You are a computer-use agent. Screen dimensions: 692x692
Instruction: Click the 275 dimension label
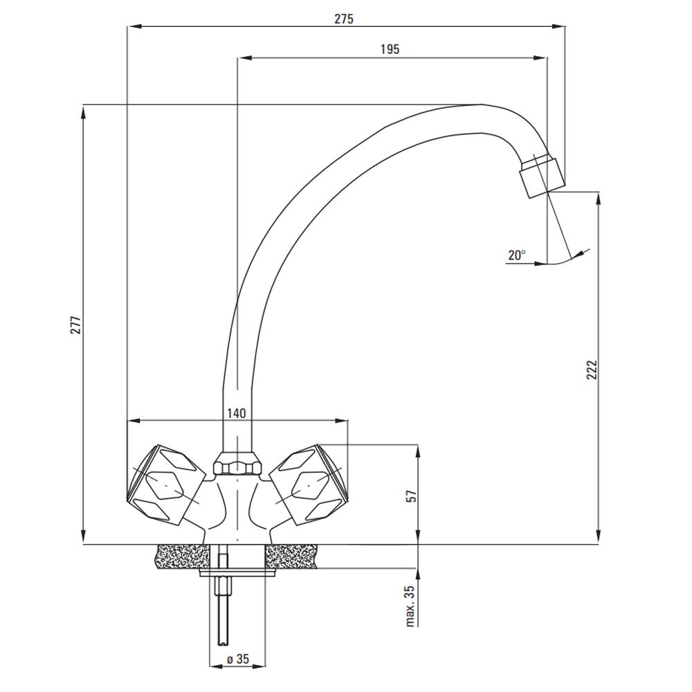click(344, 19)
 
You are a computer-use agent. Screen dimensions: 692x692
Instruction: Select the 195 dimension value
click(390, 49)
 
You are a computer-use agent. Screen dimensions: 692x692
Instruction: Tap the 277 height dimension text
click(76, 325)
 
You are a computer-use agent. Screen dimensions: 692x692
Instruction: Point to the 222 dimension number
click(592, 370)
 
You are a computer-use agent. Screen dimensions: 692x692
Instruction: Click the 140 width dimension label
click(237, 414)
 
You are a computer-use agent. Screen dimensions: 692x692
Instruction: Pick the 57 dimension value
click(411, 496)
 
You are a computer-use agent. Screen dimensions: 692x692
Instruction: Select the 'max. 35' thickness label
click(410, 606)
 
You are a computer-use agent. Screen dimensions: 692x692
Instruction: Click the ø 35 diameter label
click(238, 659)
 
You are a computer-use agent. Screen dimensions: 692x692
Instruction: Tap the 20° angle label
click(517, 255)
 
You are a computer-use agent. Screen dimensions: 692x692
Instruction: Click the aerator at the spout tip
click(542, 176)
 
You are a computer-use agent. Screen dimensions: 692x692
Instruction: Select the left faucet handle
click(165, 484)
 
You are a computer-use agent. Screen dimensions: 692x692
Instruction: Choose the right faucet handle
click(309, 484)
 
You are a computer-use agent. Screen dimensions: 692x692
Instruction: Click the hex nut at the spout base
click(237, 464)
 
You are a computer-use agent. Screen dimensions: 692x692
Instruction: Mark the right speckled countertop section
click(291, 556)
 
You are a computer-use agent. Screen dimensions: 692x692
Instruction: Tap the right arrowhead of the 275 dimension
click(558, 26)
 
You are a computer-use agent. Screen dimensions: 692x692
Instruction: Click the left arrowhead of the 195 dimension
click(244, 58)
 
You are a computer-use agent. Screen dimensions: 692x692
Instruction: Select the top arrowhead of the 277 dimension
click(83, 111)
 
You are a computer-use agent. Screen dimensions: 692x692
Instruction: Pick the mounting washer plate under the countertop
click(237, 573)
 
